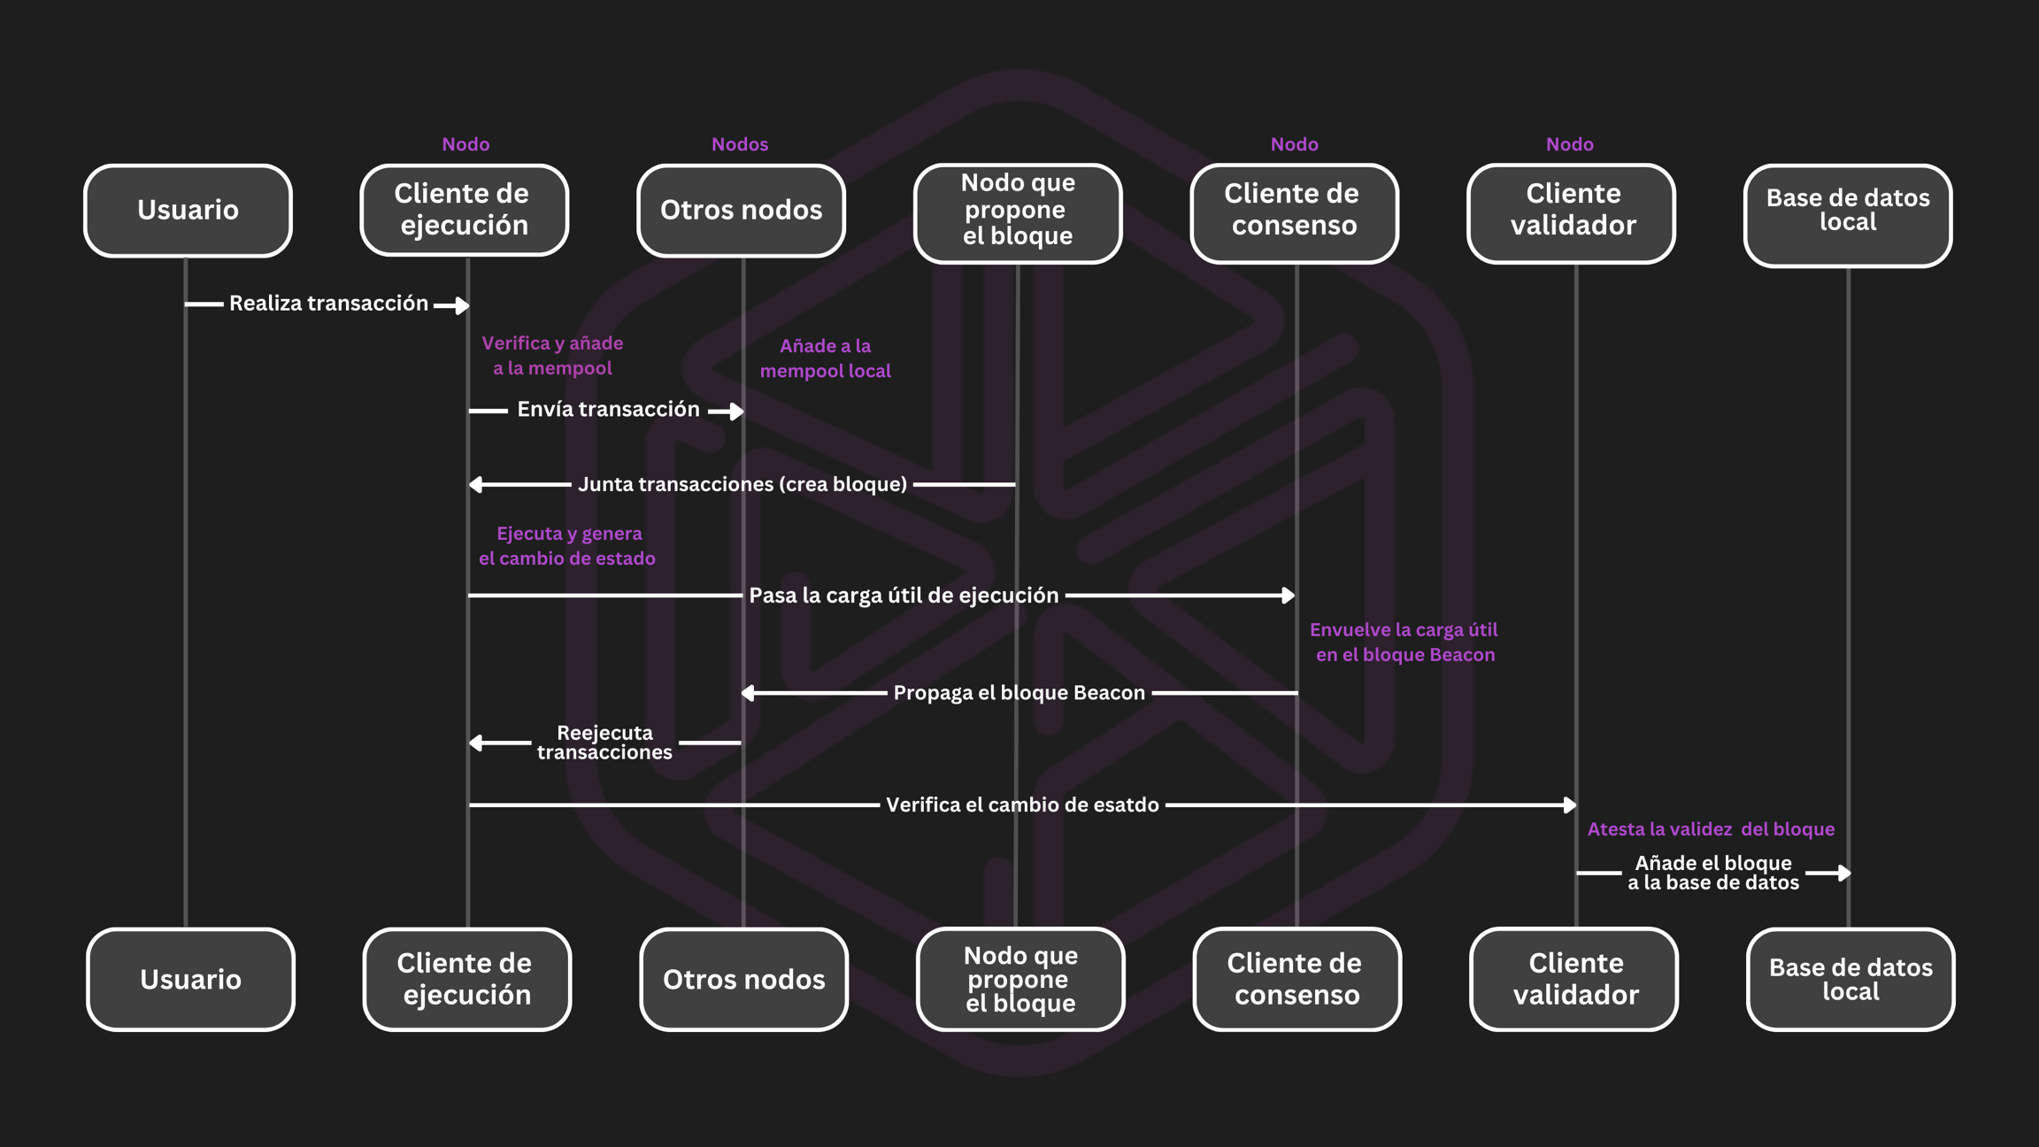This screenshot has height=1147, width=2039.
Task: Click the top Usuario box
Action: coord(188,211)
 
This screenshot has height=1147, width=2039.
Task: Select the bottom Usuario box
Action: coord(190,979)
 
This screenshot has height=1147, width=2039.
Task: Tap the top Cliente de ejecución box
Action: coord(464,211)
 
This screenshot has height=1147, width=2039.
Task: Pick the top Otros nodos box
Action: coord(741,211)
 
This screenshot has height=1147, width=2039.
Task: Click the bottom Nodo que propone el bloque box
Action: coord(1020,979)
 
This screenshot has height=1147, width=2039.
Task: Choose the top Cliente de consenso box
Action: coord(1294,212)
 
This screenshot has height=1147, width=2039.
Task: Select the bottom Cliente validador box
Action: coord(1574,979)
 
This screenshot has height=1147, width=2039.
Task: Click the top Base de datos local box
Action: coord(1848,214)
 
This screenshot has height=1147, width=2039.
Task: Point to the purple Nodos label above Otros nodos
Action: coord(740,144)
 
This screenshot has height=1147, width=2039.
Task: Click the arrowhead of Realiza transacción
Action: coord(461,306)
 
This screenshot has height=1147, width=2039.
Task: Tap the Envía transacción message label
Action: coord(608,409)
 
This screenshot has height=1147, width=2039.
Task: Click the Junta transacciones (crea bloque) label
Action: coord(742,484)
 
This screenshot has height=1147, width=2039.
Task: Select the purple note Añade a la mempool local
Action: coord(825,358)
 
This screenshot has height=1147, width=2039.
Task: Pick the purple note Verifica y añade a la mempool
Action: coord(552,356)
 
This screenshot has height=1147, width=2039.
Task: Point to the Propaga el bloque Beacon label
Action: coord(1019,693)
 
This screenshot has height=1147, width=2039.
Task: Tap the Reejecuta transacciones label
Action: coord(604,743)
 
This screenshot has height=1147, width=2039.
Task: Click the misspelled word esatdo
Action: coord(1124,804)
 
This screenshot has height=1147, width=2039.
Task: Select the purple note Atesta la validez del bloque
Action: coord(1710,829)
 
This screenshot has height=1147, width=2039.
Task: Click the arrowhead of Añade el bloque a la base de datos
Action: coord(1843,874)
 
